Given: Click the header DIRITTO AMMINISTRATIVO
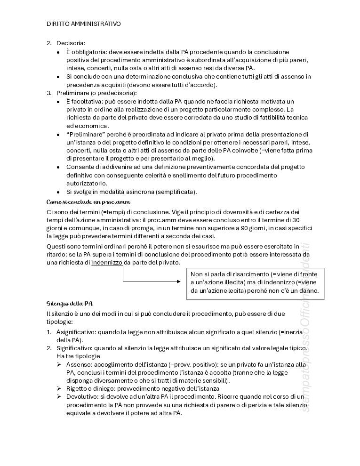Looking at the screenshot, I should pos(84,24).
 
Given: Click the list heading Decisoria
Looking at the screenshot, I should pos(71,43).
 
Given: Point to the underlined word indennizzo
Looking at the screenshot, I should pos(107,263).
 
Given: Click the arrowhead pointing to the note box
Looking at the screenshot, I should pos(178,281).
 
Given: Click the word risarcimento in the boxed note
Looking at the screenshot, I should pos(246,274).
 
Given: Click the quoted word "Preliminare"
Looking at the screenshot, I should pos(84,134).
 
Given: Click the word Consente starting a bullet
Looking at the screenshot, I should pos(80,167).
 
